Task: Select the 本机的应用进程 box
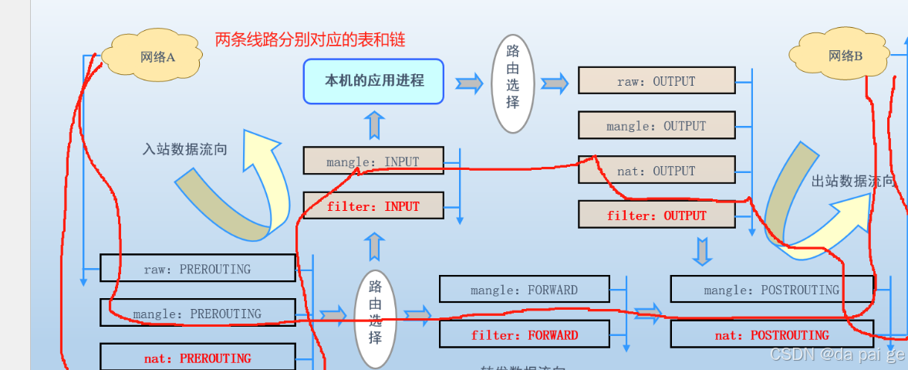(x=373, y=81)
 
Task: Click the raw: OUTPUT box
(x=656, y=81)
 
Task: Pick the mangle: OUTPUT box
(x=656, y=126)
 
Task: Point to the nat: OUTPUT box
(x=656, y=171)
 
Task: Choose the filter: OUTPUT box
(x=656, y=216)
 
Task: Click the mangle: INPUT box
(x=373, y=161)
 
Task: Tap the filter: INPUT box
(x=373, y=206)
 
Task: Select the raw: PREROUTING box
(x=197, y=269)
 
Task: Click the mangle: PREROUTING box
(x=197, y=314)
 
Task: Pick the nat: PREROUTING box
(x=197, y=358)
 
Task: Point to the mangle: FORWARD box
(x=524, y=290)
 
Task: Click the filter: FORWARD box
(x=524, y=335)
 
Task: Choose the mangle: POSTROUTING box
(x=771, y=290)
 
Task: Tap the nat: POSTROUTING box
(x=771, y=335)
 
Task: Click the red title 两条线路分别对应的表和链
(x=310, y=39)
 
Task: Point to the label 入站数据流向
(x=184, y=149)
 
